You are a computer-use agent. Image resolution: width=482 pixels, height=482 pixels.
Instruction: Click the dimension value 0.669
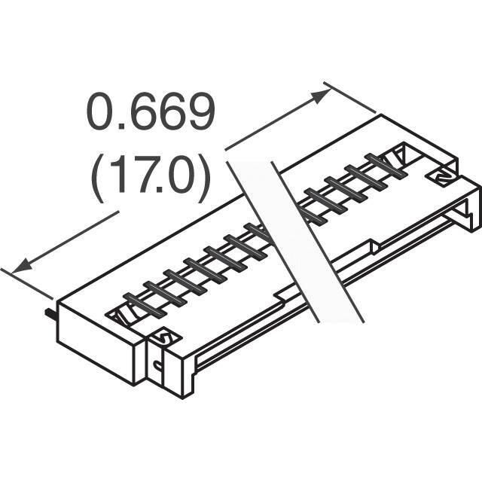click(151, 113)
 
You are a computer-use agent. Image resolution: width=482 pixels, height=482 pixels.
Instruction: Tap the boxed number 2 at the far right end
click(441, 175)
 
